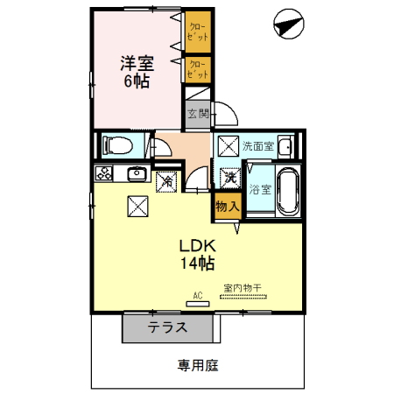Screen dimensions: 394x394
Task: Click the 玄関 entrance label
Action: (198, 113)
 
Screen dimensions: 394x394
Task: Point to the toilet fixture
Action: (116, 144)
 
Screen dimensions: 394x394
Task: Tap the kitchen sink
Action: (137, 173)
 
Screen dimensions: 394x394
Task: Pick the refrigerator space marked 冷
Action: (165, 181)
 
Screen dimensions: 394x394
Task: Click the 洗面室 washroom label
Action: (258, 145)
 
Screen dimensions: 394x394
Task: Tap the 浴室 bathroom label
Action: (259, 188)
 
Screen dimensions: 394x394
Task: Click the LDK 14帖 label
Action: (198, 253)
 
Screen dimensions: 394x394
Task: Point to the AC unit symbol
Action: (198, 305)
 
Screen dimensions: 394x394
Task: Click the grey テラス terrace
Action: (165, 328)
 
